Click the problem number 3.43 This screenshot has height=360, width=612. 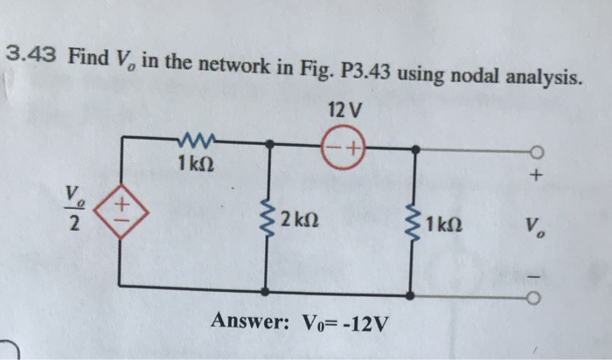[31, 55]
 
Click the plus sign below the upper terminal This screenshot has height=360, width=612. [536, 177]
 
